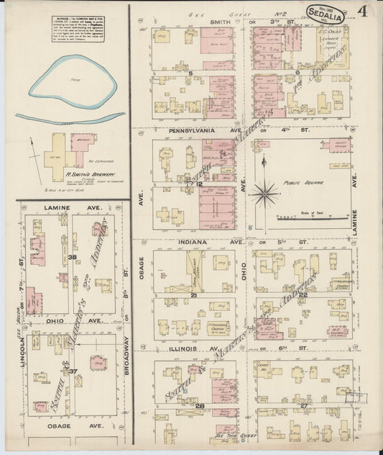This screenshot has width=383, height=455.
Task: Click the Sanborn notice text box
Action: [81, 29]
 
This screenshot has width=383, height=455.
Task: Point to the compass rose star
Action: [264, 192]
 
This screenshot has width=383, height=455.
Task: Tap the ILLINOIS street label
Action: [182, 348]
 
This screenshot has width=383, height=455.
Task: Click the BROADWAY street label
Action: [127, 356]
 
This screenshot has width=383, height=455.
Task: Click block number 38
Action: [72, 257]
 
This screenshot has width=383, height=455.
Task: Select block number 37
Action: [72, 371]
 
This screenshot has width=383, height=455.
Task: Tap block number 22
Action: [303, 294]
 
